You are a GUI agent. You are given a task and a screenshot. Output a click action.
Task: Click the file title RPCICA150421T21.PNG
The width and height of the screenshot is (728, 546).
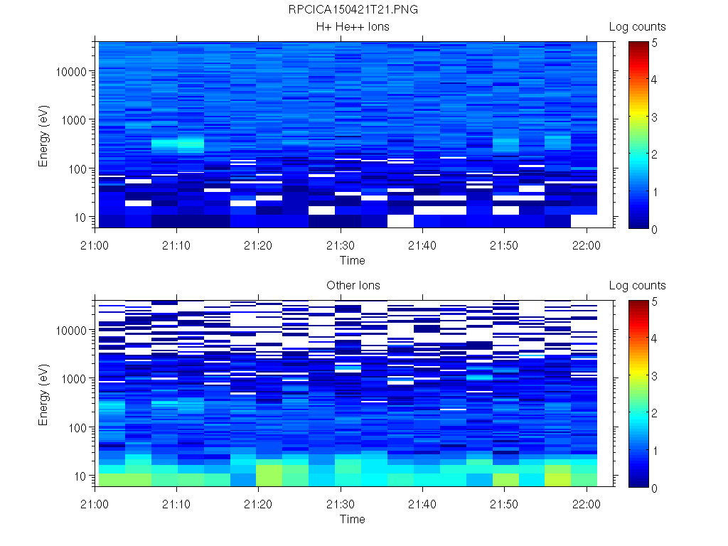353,10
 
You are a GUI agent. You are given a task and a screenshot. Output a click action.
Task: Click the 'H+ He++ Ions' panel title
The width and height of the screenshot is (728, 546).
353,27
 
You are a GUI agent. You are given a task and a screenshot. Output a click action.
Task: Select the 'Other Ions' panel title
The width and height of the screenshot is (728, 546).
353,286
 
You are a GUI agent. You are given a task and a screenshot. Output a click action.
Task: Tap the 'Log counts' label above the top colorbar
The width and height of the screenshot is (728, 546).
637,27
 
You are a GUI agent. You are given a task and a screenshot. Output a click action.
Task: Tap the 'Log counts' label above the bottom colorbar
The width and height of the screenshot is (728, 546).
637,286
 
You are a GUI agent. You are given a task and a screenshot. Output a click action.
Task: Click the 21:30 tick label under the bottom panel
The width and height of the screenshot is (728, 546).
341,504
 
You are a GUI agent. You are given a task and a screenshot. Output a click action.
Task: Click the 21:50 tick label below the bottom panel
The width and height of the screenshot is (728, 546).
504,504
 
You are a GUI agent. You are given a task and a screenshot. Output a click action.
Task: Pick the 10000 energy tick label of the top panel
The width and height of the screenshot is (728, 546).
71,72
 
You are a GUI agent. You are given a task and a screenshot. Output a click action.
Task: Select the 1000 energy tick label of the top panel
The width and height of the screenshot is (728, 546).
74,120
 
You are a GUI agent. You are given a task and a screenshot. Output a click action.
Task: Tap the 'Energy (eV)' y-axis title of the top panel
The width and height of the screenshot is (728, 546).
44,135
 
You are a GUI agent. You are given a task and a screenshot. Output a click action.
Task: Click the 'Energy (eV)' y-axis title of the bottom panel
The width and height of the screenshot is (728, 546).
44,394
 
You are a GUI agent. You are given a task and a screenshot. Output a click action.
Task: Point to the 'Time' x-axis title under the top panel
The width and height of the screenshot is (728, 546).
352,260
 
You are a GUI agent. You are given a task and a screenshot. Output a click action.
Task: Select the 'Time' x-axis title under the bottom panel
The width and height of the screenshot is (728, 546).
352,519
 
